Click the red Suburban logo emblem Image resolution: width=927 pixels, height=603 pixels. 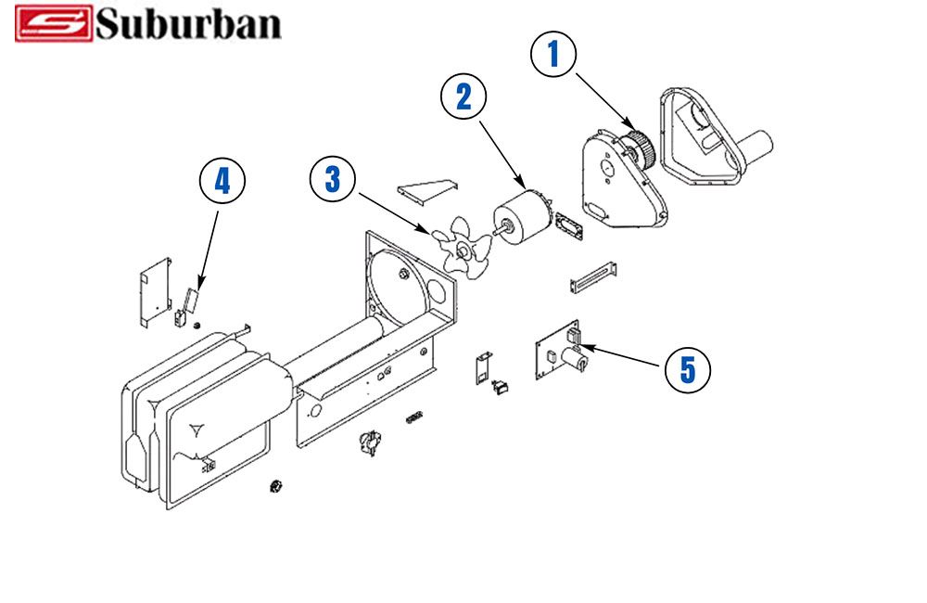pyautogui.click(x=54, y=24)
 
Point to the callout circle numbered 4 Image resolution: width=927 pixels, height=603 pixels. pyautogui.click(x=222, y=182)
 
